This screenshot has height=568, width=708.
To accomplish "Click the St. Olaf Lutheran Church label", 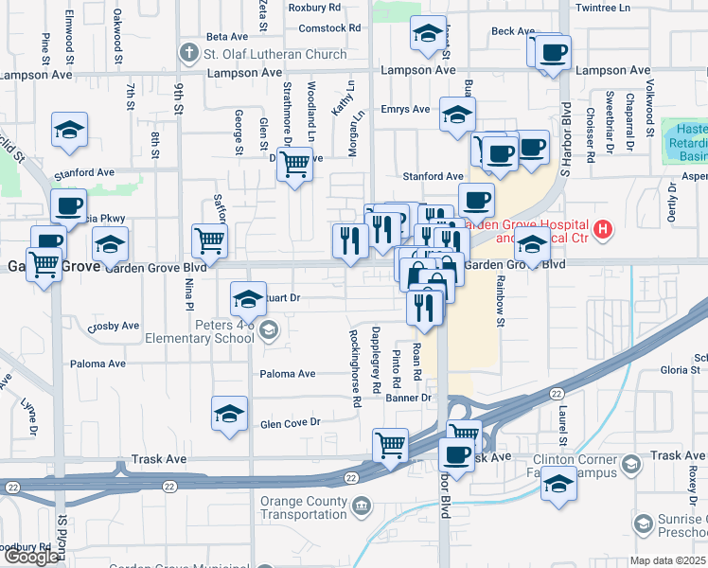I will pyautogui.click(x=274, y=54).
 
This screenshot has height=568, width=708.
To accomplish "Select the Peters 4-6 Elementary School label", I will pyautogui.click(x=200, y=330).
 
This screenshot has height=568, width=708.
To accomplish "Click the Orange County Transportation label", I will pyautogui.click(x=296, y=507).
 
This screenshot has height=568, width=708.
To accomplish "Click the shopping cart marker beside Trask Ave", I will pyautogui.click(x=391, y=444).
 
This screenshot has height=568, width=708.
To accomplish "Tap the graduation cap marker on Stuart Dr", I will pyautogui.click(x=248, y=301).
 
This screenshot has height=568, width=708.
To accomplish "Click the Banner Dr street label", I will pyautogui.click(x=408, y=398).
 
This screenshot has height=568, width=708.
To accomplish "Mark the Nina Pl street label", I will pyautogui.click(x=189, y=293).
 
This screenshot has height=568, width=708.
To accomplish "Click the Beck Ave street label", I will pyautogui.click(x=513, y=31).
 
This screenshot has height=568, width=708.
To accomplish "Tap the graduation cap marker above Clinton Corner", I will pyautogui.click(x=558, y=484).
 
